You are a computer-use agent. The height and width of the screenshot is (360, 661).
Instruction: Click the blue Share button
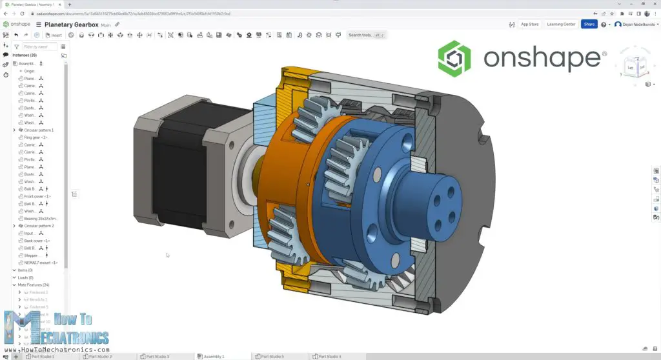588,25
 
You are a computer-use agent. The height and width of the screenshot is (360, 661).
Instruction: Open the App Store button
529,25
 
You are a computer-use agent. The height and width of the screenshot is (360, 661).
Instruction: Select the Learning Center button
561,25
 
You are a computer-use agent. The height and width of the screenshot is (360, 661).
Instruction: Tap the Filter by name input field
39,46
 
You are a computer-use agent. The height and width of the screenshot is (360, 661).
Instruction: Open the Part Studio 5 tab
270,356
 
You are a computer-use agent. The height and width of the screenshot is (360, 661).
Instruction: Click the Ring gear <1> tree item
36,137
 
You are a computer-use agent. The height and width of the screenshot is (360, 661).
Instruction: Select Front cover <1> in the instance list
37,196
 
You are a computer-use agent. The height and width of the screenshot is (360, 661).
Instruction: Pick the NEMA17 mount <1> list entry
41,263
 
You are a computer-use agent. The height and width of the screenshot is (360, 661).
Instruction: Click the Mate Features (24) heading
34,285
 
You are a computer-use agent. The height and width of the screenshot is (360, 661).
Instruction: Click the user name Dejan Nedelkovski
635,25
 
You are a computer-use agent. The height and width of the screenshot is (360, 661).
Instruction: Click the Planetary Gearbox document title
71,25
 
